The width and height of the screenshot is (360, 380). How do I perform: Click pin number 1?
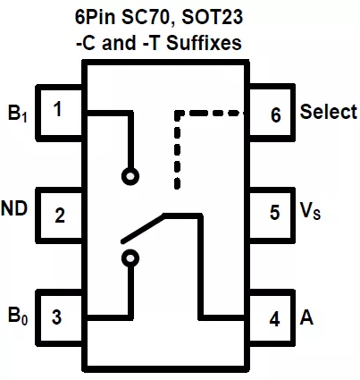click(x=57, y=109)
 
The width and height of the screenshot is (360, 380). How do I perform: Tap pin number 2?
click(x=60, y=215)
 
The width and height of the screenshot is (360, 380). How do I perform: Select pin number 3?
click(x=56, y=317)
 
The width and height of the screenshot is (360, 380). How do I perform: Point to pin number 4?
click(x=274, y=319)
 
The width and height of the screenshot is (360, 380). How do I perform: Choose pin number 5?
click(x=274, y=212)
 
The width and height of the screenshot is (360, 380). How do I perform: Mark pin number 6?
click(x=275, y=114)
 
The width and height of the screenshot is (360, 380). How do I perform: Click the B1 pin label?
click(x=17, y=114)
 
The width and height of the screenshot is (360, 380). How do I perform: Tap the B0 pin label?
click(x=18, y=316)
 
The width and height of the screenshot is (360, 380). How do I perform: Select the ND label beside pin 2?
click(x=14, y=208)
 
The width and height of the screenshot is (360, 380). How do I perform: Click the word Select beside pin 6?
click(x=329, y=112)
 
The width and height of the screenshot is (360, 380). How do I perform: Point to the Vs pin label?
click(x=310, y=211)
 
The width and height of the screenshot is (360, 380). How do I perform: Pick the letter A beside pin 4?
click(x=306, y=317)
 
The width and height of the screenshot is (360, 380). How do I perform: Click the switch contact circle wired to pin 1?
click(x=130, y=176)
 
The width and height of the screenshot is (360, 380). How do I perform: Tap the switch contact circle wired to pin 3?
click(x=130, y=258)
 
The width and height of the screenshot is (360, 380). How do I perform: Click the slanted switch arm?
click(x=142, y=228)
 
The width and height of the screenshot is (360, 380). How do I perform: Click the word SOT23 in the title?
click(x=212, y=17)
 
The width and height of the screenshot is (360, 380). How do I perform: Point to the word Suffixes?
click(x=204, y=43)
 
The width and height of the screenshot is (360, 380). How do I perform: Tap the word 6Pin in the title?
click(x=95, y=17)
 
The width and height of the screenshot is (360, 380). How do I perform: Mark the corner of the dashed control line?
click(x=178, y=114)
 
